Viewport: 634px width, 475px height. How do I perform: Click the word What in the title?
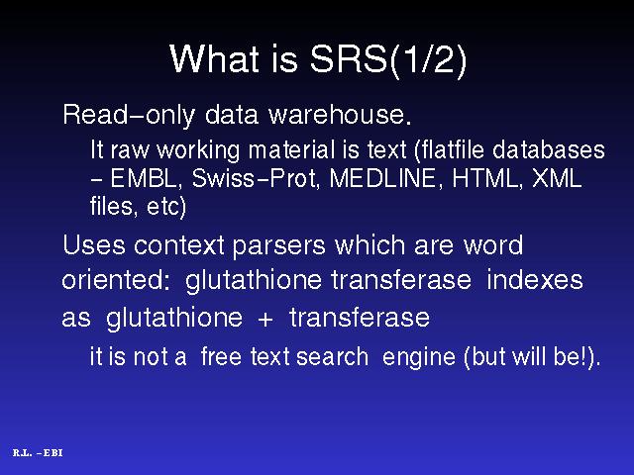click(x=214, y=59)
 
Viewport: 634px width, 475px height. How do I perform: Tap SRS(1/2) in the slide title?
click(x=388, y=60)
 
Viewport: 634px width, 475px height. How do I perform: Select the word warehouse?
click(x=340, y=115)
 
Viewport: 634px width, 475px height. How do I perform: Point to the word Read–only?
click(x=129, y=116)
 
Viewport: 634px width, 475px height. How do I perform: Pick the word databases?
click(x=549, y=149)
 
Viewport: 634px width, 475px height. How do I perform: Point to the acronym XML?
click(x=557, y=178)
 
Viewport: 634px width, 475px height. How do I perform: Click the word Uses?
click(x=94, y=244)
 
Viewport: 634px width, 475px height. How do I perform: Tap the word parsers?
click(x=278, y=246)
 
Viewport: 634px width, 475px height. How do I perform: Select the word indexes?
click(x=535, y=279)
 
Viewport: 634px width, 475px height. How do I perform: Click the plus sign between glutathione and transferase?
click(x=265, y=319)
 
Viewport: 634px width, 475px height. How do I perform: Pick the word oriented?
click(x=116, y=279)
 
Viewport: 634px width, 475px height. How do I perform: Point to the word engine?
click(x=418, y=358)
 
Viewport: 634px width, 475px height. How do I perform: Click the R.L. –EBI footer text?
click(x=38, y=453)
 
